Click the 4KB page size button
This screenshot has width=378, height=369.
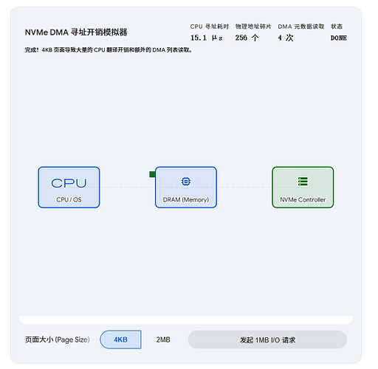click(120, 339)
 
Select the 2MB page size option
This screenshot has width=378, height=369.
click(163, 339)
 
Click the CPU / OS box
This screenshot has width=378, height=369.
click(69, 187)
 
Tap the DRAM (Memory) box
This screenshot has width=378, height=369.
click(186, 187)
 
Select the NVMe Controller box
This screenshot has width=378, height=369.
click(303, 187)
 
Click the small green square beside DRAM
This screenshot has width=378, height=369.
click(152, 174)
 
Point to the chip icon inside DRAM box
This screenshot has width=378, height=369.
click(186, 182)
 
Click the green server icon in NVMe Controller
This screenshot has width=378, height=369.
click(303, 182)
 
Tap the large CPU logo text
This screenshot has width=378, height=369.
click(69, 183)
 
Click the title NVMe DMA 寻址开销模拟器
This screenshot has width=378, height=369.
click(76, 32)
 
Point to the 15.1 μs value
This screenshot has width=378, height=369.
click(207, 38)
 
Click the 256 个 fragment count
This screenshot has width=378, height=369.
click(247, 38)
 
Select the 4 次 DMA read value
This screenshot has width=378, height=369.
click(286, 38)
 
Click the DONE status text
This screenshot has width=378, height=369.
click(339, 38)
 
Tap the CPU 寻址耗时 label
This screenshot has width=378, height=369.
click(210, 27)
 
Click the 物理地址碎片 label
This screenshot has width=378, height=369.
click(253, 27)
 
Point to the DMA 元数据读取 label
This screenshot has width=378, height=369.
click(301, 27)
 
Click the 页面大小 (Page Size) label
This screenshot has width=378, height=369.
click(58, 339)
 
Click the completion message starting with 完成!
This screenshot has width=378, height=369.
click(109, 50)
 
